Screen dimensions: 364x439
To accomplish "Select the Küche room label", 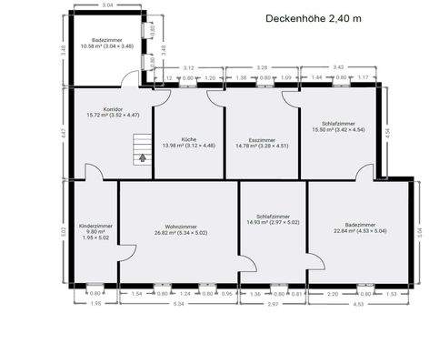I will coord(188,139).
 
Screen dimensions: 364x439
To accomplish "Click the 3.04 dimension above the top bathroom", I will coord(107,6).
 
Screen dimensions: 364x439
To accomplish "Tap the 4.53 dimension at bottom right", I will coord(358,303).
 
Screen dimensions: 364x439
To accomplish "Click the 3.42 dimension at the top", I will coord(339,67).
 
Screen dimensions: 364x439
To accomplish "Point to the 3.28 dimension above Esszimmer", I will coord(263,67).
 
